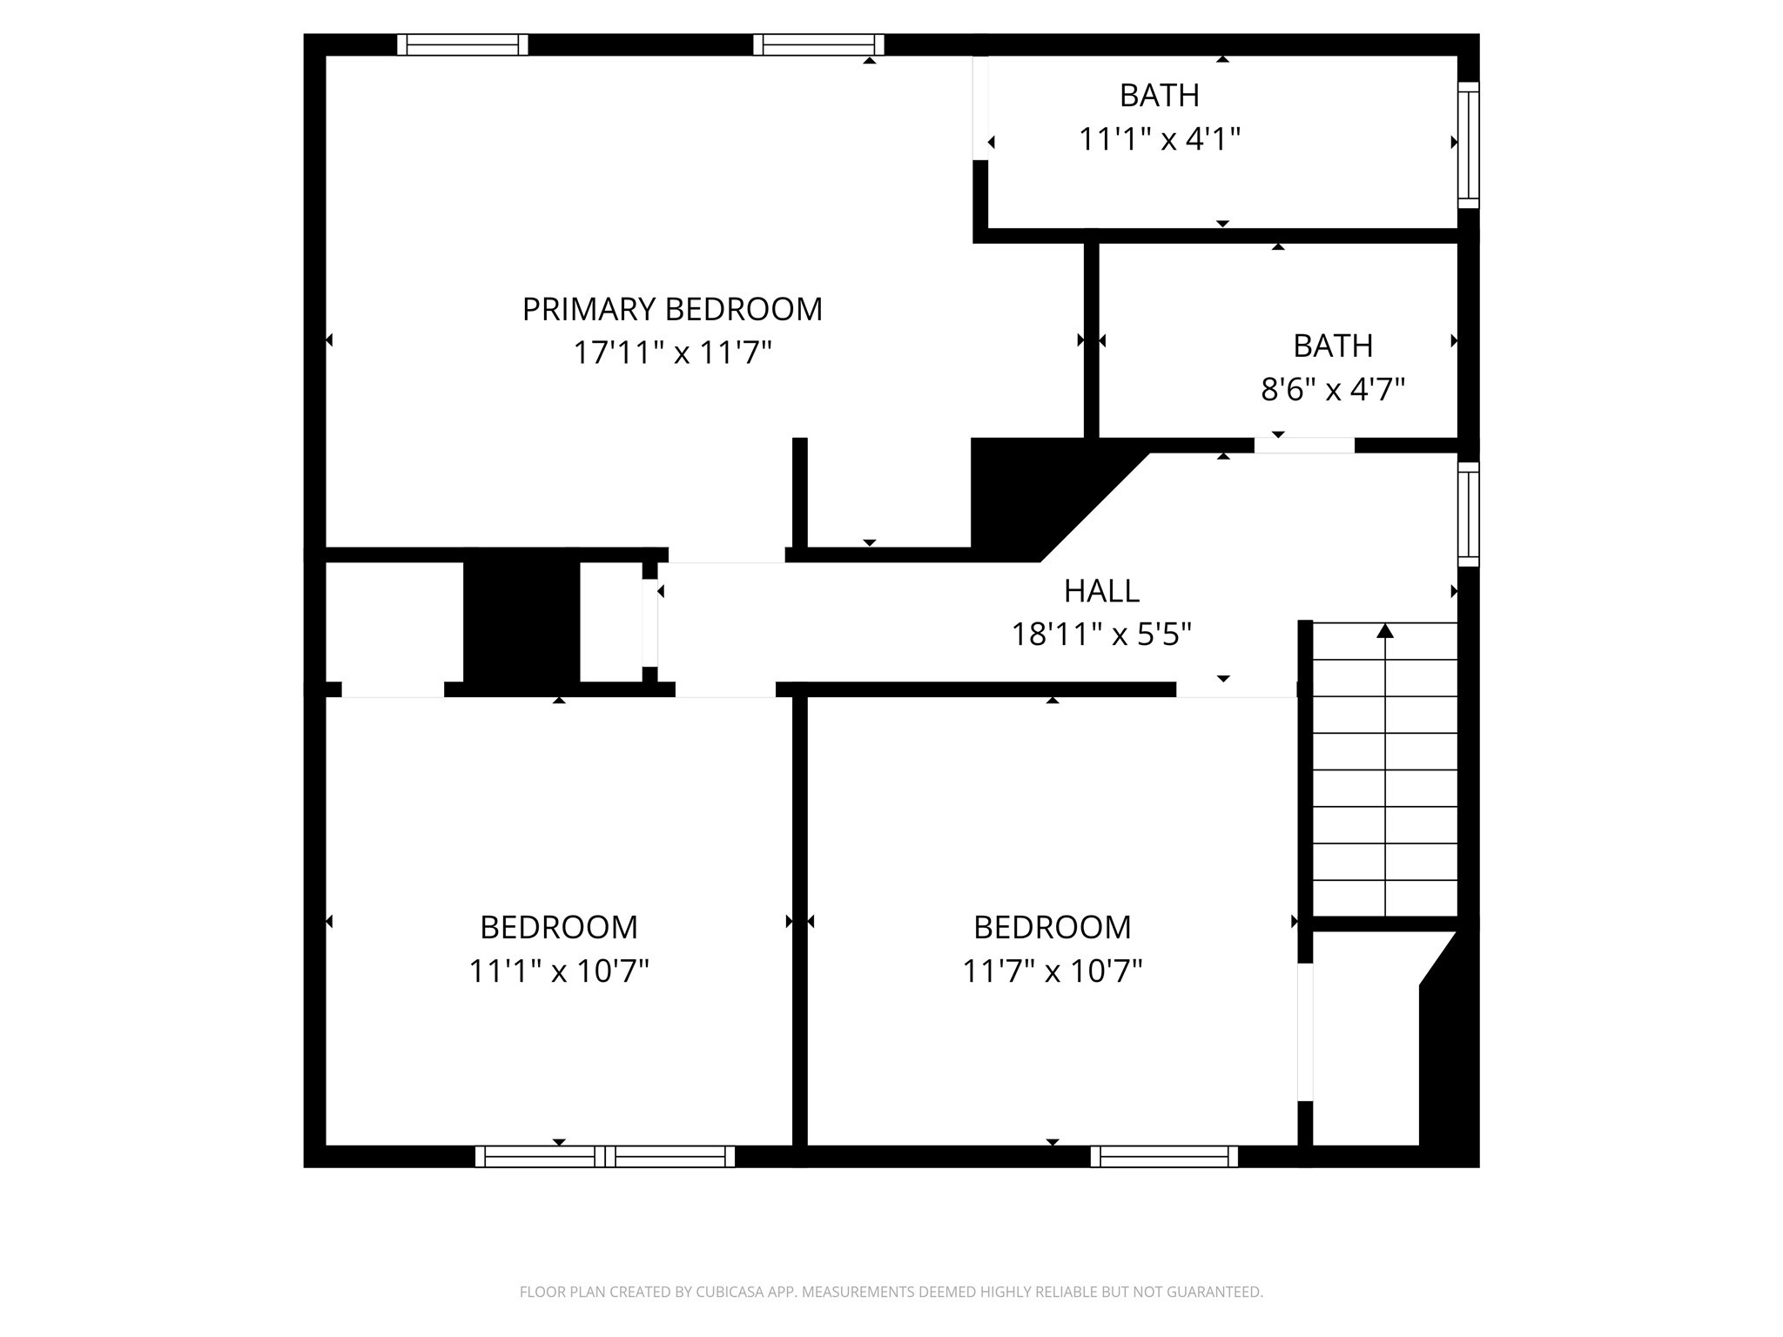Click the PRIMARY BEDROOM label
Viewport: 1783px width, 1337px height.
(x=672, y=309)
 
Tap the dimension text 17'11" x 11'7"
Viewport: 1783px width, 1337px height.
(x=672, y=353)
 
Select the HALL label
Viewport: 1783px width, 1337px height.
(x=1101, y=591)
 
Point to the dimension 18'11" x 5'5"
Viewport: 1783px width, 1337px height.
(x=1101, y=635)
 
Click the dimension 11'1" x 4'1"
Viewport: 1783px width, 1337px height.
(x=1160, y=139)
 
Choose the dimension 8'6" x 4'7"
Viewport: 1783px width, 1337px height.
(x=1333, y=389)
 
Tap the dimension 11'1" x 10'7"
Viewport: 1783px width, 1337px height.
(x=559, y=971)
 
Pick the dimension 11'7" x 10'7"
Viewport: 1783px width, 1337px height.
(x=1053, y=971)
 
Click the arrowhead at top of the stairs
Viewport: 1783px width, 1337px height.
(x=1385, y=630)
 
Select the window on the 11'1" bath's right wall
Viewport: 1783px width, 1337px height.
(x=1469, y=144)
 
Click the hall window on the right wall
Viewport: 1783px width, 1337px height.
(x=1469, y=514)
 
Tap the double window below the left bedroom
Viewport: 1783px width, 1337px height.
(x=605, y=1156)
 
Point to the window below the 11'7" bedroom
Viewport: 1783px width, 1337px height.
(x=1164, y=1156)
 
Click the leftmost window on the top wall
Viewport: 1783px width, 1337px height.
(x=462, y=44)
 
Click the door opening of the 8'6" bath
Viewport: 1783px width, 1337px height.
(x=1304, y=446)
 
